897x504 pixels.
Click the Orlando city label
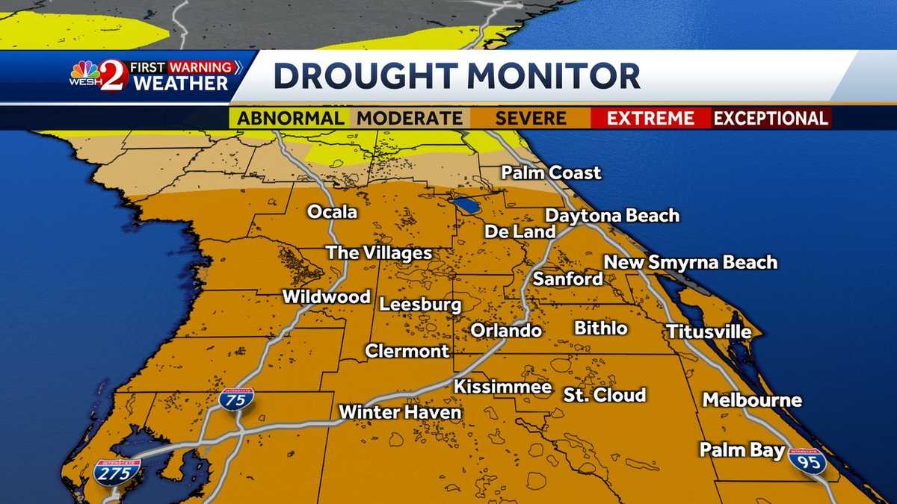click(x=506, y=330)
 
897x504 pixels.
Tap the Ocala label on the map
click(x=333, y=212)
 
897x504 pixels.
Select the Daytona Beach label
click(x=612, y=216)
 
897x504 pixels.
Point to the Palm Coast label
click(x=551, y=172)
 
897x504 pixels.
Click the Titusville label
click(x=709, y=331)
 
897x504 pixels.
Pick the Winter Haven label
click(x=400, y=411)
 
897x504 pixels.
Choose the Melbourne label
click(x=752, y=400)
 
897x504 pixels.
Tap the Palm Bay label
click(x=742, y=449)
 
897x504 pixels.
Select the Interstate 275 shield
click(x=117, y=472)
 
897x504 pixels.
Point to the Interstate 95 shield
click(x=807, y=461)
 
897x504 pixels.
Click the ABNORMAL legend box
click(x=291, y=118)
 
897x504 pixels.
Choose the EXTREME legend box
click(x=650, y=118)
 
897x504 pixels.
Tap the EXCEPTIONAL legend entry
click(x=771, y=118)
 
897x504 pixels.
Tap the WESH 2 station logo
click(x=99, y=76)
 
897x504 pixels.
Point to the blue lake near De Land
click(x=466, y=205)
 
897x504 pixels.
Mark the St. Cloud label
click(x=605, y=395)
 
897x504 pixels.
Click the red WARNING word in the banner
click(x=200, y=67)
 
